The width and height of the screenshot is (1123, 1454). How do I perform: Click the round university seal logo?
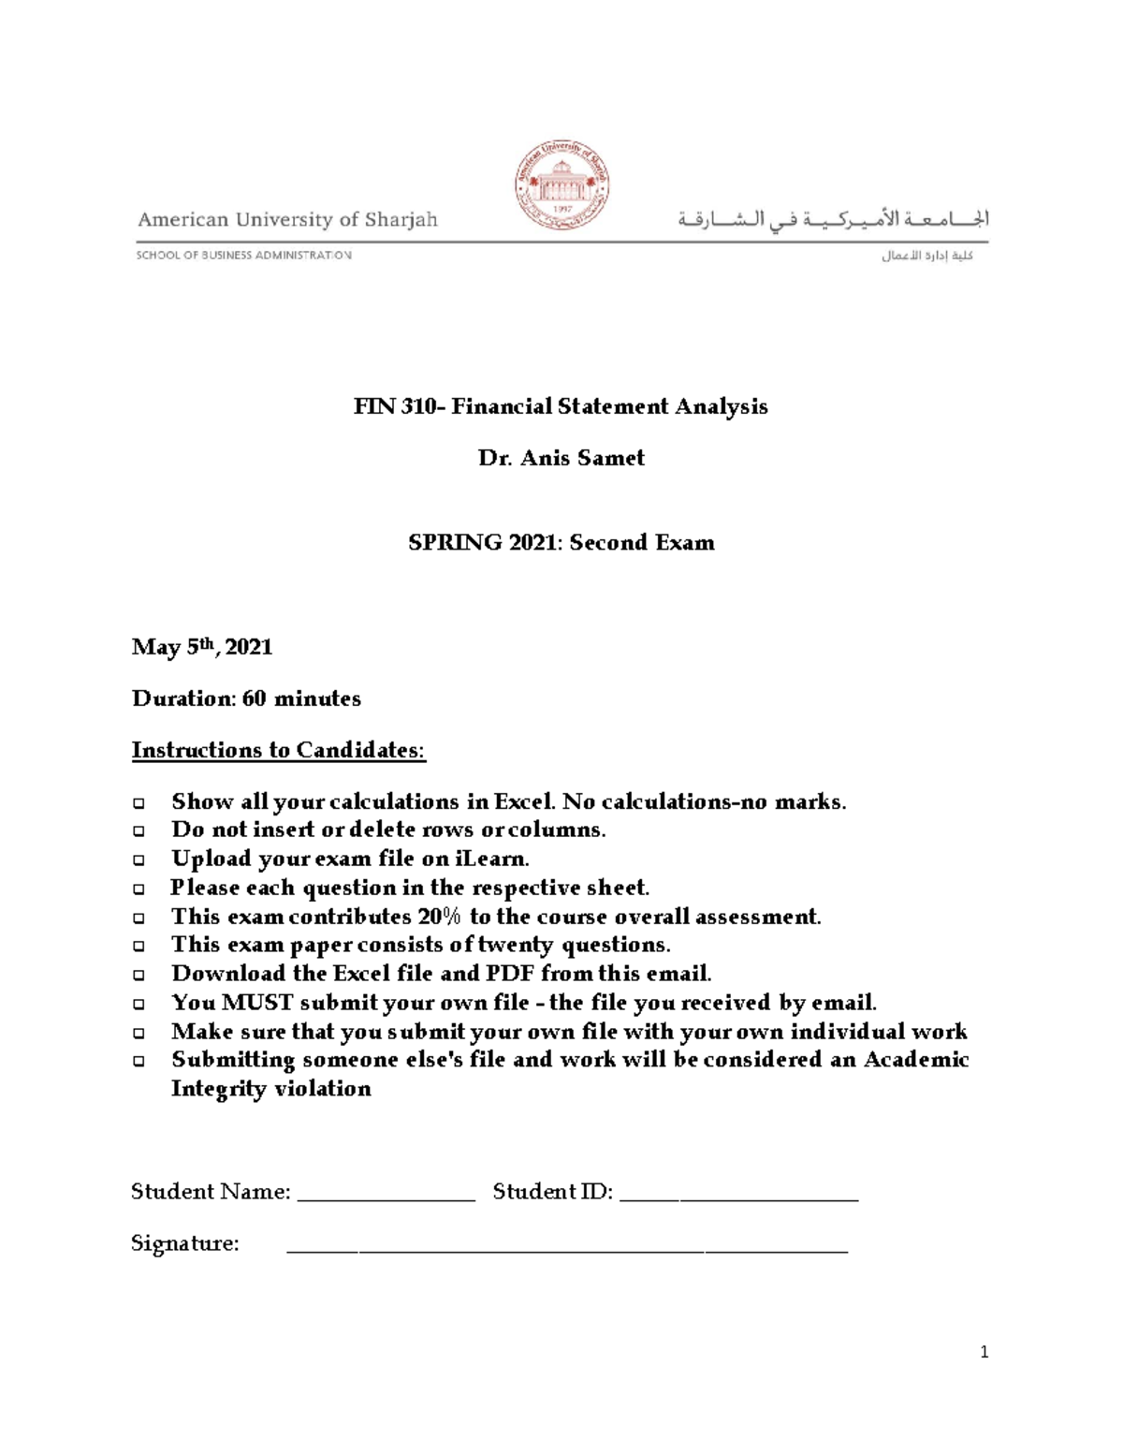pyautogui.click(x=561, y=185)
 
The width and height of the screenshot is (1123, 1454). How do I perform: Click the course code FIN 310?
pyautogui.click(x=392, y=406)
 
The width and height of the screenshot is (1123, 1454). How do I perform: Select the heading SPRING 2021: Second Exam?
pyautogui.click(x=561, y=543)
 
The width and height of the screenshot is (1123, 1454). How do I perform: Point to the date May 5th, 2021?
pyautogui.click(x=202, y=647)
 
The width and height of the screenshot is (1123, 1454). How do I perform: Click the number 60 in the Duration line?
pyautogui.click(x=254, y=698)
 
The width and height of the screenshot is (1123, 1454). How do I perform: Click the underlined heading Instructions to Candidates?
pyautogui.click(x=278, y=750)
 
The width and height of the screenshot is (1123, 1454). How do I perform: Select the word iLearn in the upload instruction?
pyautogui.click(x=491, y=859)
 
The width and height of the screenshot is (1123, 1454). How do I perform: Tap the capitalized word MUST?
pyautogui.click(x=257, y=1003)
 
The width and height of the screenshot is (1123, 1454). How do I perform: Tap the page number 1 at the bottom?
pyautogui.click(x=984, y=1352)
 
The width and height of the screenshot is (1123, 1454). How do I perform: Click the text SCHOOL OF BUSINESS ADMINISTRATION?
pyautogui.click(x=244, y=255)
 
